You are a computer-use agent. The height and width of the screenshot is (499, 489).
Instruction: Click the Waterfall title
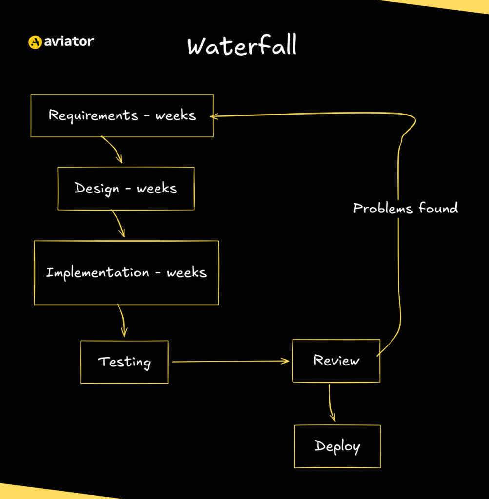pyautogui.click(x=242, y=46)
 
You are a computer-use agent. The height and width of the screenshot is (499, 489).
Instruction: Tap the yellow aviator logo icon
pyautogui.click(x=35, y=42)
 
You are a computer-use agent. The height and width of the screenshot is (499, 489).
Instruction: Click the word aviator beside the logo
pyautogui.click(x=68, y=42)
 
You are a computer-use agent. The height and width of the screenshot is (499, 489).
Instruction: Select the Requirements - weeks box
pyautogui.click(x=122, y=115)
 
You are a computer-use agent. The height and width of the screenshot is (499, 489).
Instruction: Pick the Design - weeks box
pyautogui.click(x=125, y=189)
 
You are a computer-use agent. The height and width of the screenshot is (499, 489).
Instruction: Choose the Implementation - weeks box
pyautogui.click(x=126, y=272)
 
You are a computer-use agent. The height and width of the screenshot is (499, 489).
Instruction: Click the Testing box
pyautogui.click(x=124, y=362)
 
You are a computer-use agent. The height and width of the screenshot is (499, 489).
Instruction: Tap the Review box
pyautogui.click(x=336, y=361)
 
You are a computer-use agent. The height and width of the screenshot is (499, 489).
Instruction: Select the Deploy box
pyautogui.click(x=337, y=446)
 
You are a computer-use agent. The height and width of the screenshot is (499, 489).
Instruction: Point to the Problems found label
pyautogui.click(x=405, y=209)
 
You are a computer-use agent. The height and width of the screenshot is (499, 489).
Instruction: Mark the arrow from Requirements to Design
pyautogui.click(x=113, y=151)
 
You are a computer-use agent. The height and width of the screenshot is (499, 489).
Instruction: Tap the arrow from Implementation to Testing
pyautogui.click(x=122, y=321)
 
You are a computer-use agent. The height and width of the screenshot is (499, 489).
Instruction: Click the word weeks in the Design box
pyautogui.click(x=156, y=189)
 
